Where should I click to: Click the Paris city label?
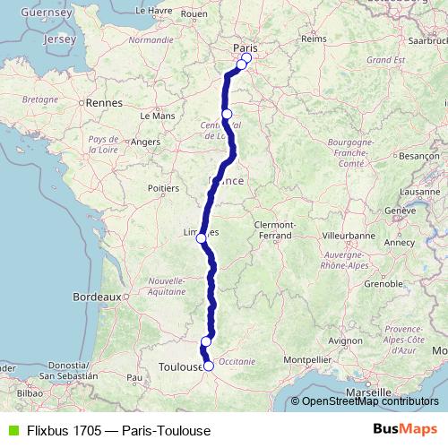(245, 47)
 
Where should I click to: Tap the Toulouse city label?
(179, 367)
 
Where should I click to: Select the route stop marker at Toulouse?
(209, 366)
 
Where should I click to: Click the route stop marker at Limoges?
(202, 237)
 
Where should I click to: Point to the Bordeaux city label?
(97, 296)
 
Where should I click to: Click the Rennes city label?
(105, 103)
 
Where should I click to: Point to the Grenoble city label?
(384, 284)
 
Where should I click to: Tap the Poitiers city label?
(164, 188)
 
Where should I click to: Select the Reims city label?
(313, 39)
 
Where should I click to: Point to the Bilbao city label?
(30, 392)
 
